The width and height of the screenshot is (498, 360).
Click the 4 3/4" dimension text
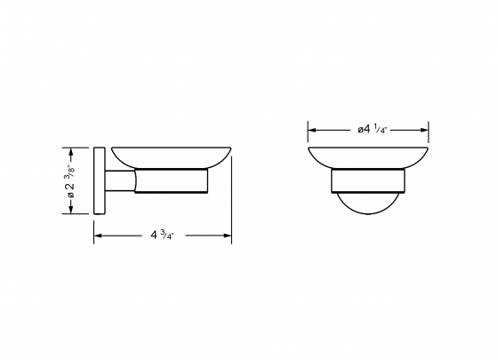(x=162, y=236)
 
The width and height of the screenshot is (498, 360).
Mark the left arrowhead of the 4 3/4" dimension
(x=97, y=236)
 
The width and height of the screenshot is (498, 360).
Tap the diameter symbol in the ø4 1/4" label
(x=361, y=129)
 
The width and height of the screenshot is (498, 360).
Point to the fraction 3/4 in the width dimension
(x=170, y=236)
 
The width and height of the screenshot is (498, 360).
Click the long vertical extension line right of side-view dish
(x=231, y=196)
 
